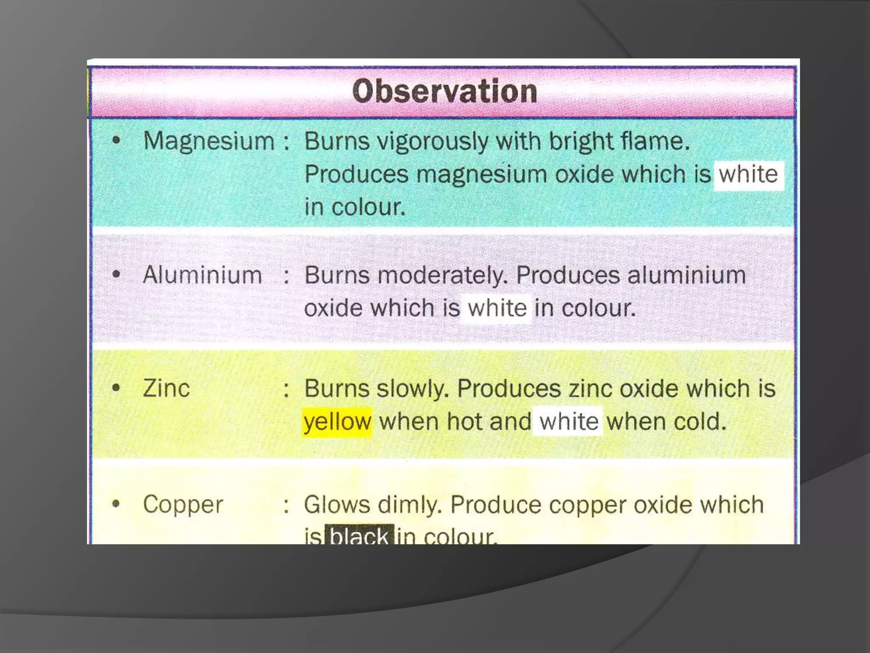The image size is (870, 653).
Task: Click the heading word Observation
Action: click(x=445, y=91)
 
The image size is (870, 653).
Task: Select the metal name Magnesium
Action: click(x=209, y=141)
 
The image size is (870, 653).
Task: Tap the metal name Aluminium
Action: click(x=202, y=275)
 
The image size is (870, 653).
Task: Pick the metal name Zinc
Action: click(x=166, y=389)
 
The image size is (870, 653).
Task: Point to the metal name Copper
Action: click(x=183, y=505)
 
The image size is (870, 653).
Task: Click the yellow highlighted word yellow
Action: click(x=337, y=422)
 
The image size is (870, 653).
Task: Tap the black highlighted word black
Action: click(x=359, y=535)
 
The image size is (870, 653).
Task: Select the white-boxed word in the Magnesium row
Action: click(x=748, y=175)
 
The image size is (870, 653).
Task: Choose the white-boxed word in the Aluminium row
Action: click(x=497, y=308)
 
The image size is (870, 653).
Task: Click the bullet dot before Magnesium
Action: click(x=116, y=140)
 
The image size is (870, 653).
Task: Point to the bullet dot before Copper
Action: click(x=116, y=504)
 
